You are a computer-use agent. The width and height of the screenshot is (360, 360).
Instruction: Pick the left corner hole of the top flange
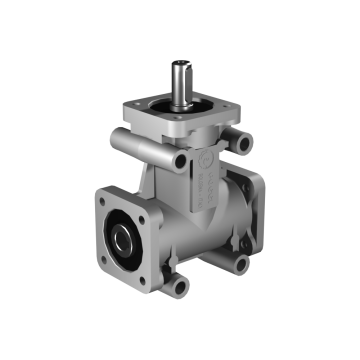pos(129,105)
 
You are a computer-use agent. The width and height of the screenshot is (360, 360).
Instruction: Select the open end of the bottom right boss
pos(240,265)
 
